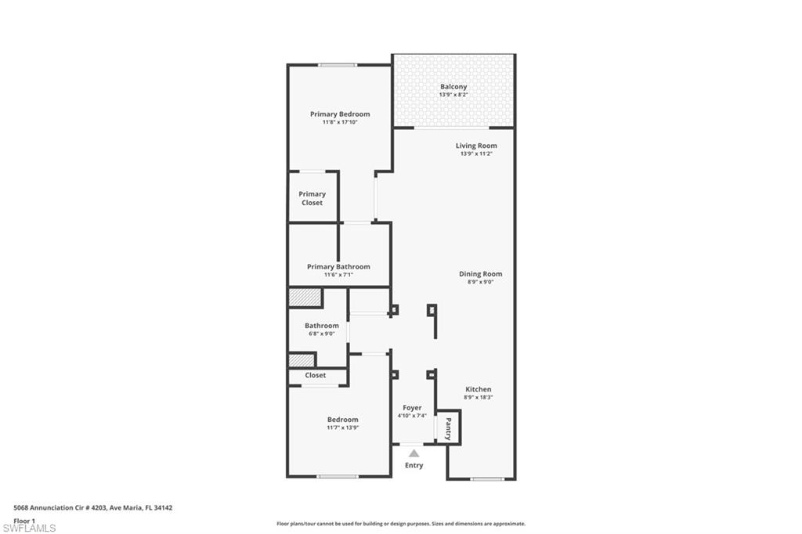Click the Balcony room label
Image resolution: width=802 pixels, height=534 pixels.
pyautogui.click(x=453, y=87)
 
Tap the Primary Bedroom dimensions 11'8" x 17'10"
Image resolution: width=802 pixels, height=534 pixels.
pyautogui.click(x=339, y=122)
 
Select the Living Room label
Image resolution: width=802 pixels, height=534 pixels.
pyautogui.click(x=476, y=146)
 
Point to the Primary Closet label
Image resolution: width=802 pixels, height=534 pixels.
pyautogui.click(x=312, y=198)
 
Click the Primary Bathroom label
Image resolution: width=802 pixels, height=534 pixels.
pyautogui.click(x=338, y=266)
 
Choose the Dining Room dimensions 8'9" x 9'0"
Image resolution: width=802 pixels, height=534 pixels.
pyautogui.click(x=480, y=282)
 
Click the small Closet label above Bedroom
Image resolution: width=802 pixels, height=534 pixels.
pyautogui.click(x=316, y=375)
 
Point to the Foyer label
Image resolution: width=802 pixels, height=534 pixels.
pyautogui.click(x=412, y=408)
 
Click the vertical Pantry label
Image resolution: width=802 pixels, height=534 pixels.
pyautogui.click(x=448, y=428)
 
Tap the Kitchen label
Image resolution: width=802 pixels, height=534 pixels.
pyautogui.click(x=479, y=389)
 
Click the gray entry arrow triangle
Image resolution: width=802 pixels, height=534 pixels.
pyautogui.click(x=414, y=453)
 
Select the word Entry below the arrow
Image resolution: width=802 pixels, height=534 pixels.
pyautogui.click(x=414, y=465)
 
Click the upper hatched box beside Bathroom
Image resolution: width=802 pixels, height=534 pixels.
pyautogui.click(x=305, y=298)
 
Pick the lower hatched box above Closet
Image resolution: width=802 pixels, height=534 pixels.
pyautogui.click(x=302, y=360)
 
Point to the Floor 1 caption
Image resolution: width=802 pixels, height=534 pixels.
pyautogui.click(x=24, y=520)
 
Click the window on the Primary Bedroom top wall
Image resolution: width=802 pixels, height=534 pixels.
pyautogui.click(x=338, y=65)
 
